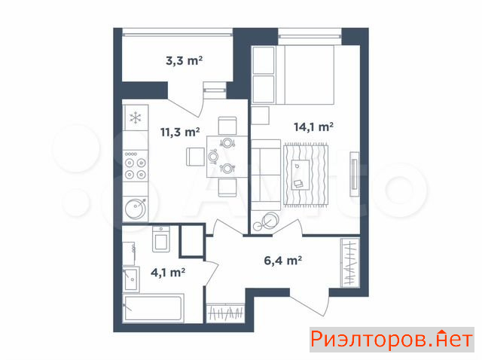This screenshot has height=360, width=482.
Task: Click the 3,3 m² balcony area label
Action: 184,60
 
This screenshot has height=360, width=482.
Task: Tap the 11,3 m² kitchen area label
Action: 180,132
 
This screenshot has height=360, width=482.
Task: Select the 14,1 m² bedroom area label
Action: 313,127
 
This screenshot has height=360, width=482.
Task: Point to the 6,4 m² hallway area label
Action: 283,261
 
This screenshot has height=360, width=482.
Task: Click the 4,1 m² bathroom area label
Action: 168,273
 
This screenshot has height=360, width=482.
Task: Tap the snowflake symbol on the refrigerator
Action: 136,117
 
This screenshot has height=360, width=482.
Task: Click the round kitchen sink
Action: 136,209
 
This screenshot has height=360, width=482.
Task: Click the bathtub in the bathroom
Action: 153,308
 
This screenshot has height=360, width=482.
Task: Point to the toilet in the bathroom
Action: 161,239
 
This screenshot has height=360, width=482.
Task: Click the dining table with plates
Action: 227,157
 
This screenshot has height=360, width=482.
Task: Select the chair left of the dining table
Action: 195,157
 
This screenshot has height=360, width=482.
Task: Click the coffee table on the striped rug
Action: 300,175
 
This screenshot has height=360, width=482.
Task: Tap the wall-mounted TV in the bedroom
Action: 355,174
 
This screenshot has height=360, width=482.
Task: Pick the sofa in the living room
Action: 266,175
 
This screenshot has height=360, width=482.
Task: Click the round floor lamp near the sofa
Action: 270,221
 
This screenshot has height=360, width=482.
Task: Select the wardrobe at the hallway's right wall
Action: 350,263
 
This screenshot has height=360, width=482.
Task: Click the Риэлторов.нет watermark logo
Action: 392,340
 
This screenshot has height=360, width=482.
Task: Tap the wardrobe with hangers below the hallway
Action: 225,313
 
